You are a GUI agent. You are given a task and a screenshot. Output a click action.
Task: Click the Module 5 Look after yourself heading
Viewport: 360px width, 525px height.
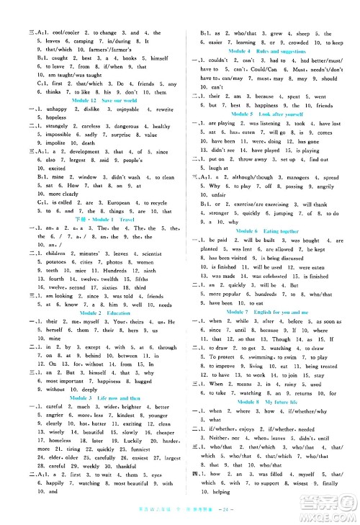coord(271,114)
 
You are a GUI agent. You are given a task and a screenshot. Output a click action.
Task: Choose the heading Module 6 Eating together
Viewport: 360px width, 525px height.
coord(270,230)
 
